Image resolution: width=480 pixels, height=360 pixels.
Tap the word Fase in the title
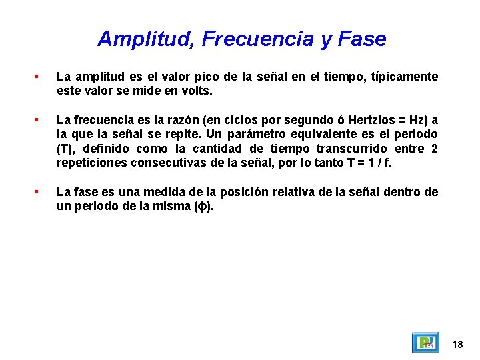point(362,39)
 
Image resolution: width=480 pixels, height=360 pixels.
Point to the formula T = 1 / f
point(366,162)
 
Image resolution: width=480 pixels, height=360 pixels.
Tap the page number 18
point(457,344)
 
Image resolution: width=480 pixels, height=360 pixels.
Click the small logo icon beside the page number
point(425,343)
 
